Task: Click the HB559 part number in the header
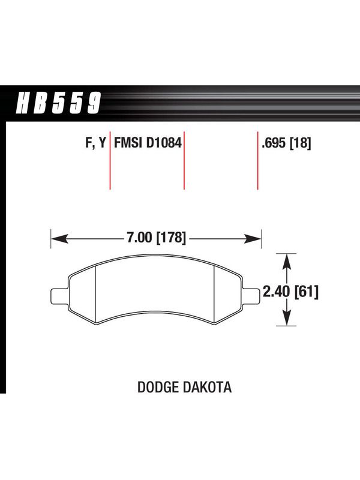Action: (58, 103)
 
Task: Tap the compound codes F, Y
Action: (95, 143)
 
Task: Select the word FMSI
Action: (129, 143)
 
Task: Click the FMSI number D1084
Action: (164, 143)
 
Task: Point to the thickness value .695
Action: (274, 143)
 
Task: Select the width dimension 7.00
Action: (139, 237)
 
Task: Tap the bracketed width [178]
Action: (171, 238)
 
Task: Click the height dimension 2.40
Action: (276, 292)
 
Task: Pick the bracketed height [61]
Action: (306, 292)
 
